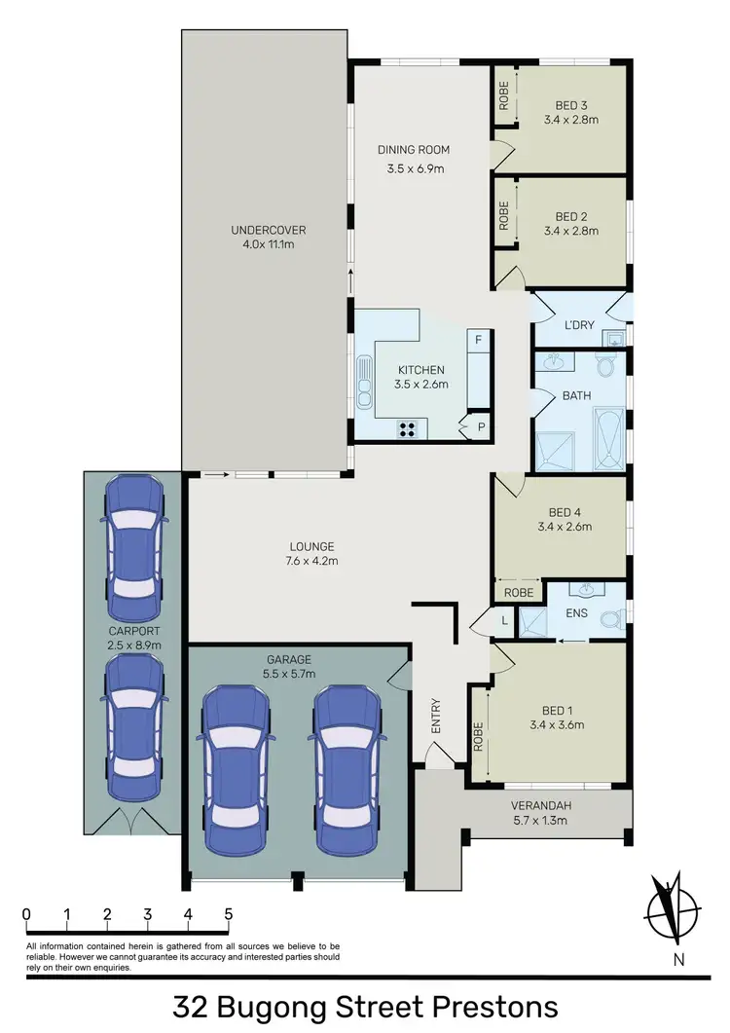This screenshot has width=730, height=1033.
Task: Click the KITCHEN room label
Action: pyautogui.click(x=420, y=370)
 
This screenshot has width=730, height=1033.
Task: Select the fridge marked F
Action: pyautogui.click(x=478, y=341)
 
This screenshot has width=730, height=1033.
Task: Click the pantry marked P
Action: pyautogui.click(x=480, y=425)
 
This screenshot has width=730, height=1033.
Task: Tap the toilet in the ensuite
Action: pyautogui.click(x=611, y=618)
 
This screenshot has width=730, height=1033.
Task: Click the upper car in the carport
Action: pyautogui.click(x=130, y=538)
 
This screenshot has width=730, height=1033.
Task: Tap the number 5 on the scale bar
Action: pyautogui.click(x=228, y=914)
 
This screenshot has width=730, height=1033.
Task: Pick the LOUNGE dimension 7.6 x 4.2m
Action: pyautogui.click(x=311, y=561)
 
